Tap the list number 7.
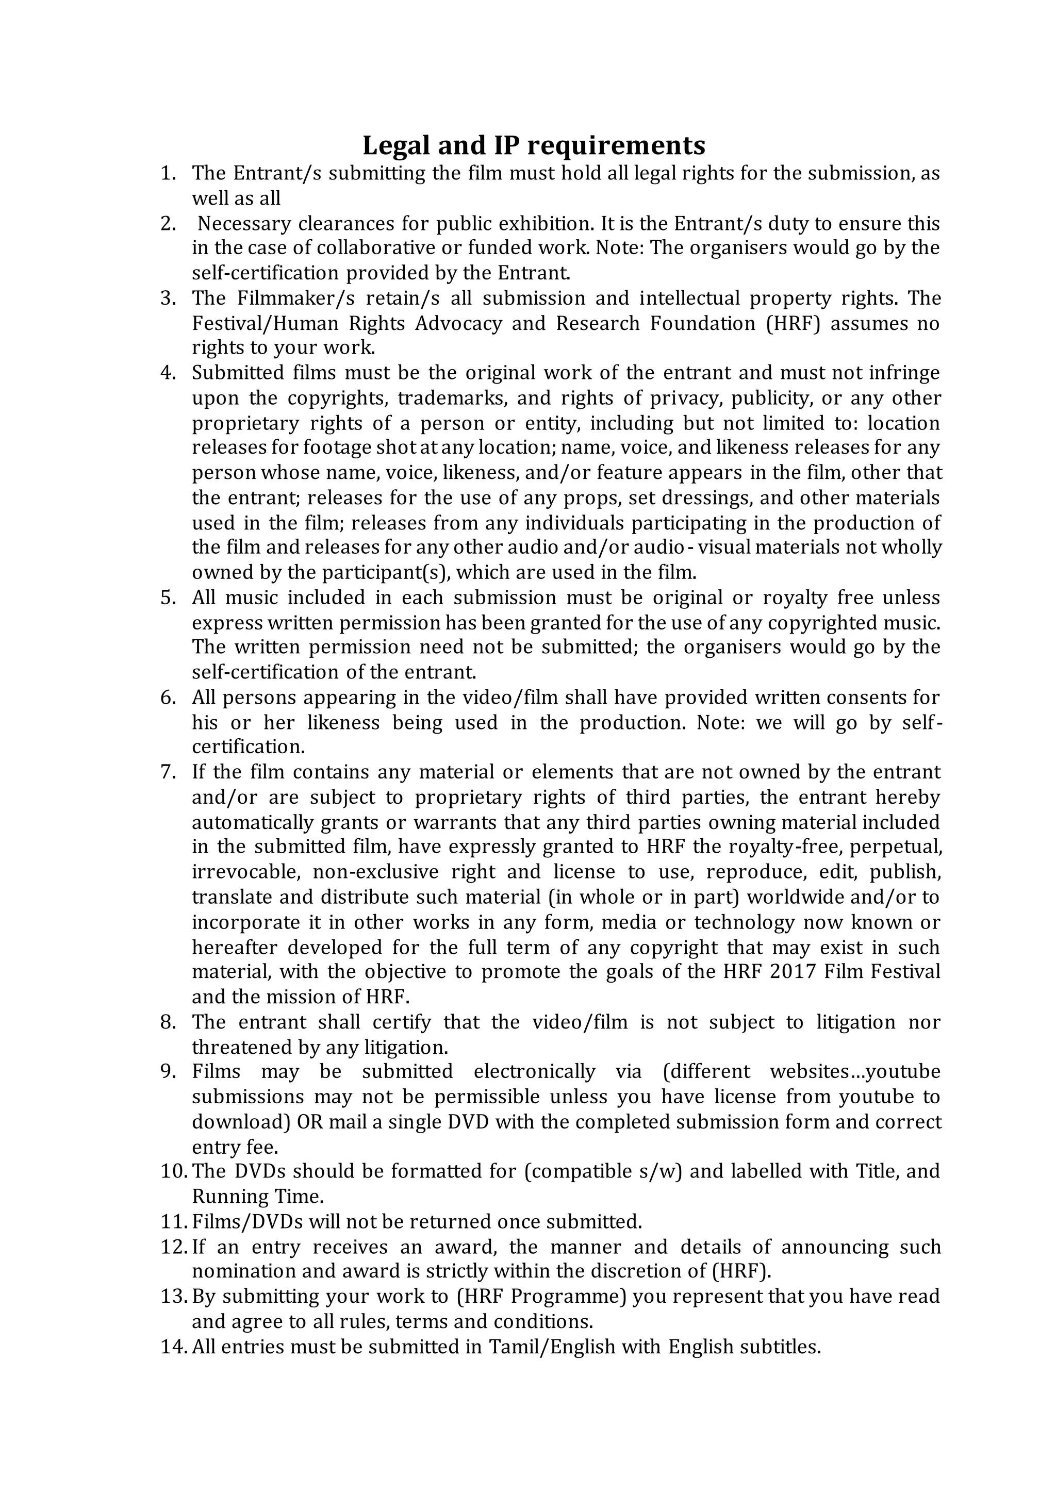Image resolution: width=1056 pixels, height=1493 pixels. (x=169, y=772)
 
